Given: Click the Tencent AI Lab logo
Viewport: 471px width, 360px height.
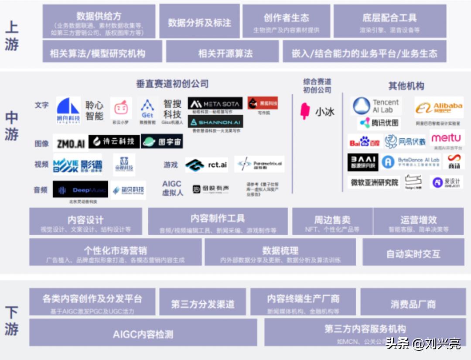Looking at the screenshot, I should click(x=376, y=106).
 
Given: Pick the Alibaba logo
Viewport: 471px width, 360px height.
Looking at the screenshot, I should click(x=439, y=108).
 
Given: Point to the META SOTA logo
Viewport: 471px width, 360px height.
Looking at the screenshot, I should click(x=215, y=103).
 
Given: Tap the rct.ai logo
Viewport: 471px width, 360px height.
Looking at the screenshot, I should click(x=206, y=165).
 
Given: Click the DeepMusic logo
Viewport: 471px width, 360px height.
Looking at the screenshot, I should click(x=80, y=189).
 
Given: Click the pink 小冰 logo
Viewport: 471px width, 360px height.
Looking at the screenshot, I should click(x=317, y=111).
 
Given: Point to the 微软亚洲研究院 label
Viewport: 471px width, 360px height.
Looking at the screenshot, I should click(x=374, y=182).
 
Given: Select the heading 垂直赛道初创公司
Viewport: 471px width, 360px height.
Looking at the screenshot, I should click(x=172, y=83).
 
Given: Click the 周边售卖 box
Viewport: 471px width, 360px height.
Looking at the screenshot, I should click(x=332, y=222).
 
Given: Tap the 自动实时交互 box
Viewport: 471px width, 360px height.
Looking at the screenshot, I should click(x=413, y=253).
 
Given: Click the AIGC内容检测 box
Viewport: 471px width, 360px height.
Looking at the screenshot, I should click(x=143, y=334).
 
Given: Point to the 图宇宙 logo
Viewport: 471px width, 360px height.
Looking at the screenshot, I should click(x=162, y=141).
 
